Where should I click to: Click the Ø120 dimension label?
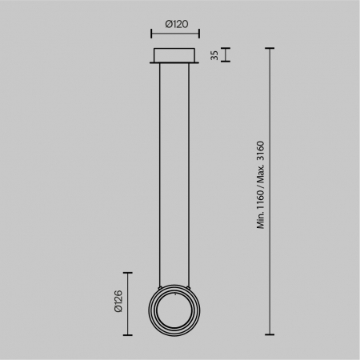175,24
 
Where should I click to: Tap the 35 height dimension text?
214,54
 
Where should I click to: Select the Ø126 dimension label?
118,300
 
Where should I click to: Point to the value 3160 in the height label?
260,154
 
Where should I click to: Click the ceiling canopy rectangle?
175,54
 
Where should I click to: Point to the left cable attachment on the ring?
161,284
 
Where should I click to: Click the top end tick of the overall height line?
270,48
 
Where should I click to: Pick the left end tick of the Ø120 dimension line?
151,34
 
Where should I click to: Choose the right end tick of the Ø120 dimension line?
199,34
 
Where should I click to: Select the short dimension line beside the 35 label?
227,54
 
